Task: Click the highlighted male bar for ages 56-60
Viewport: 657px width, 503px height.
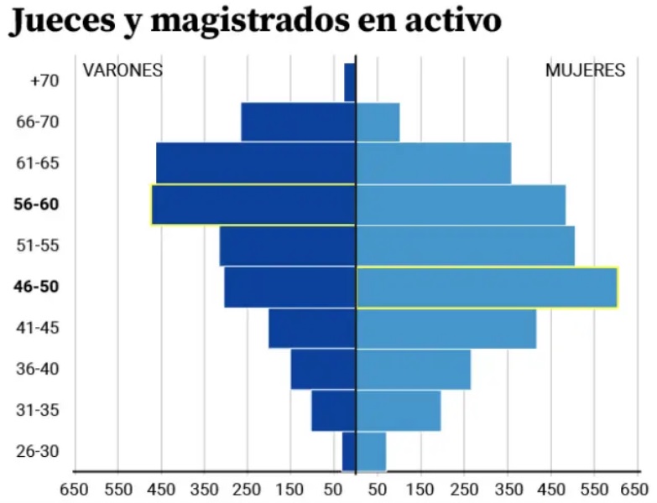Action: click(253, 205)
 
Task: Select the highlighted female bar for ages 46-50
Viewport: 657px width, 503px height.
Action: click(487, 288)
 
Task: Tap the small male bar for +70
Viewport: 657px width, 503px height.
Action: click(350, 82)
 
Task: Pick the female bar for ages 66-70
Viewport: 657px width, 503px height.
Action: click(378, 122)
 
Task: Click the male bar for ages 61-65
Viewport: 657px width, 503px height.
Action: click(256, 163)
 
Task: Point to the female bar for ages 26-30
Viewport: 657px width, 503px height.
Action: click(371, 452)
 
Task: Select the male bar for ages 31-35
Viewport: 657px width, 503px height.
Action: click(333, 411)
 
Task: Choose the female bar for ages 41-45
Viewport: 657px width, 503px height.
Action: click(446, 329)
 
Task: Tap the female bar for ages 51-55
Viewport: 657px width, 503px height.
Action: click(465, 246)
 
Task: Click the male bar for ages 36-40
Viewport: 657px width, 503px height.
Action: click(323, 370)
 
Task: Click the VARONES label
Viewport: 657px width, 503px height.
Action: click(123, 70)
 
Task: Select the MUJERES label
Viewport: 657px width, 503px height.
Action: click(585, 70)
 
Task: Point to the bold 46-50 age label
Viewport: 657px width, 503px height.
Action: click(36, 287)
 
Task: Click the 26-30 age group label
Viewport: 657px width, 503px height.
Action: click(37, 452)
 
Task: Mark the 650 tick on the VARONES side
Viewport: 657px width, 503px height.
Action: click(74, 488)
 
